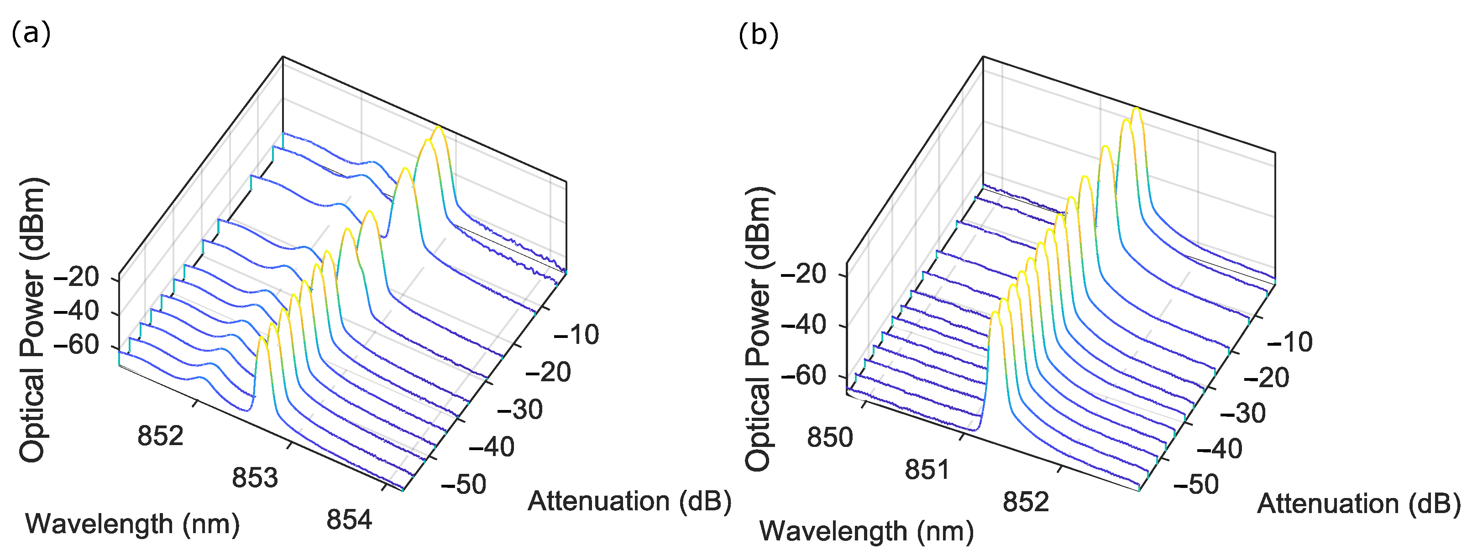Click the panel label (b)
[758, 36]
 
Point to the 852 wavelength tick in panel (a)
[161, 436]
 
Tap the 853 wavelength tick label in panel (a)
[255, 477]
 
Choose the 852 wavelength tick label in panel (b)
[1026, 502]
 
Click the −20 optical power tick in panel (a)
[76, 278]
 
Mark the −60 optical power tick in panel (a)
[76, 346]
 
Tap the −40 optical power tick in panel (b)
[803, 326]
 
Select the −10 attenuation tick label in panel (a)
[576, 335]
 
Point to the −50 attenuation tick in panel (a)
[463, 484]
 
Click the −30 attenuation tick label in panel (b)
[1242, 413]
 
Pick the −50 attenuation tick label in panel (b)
[1196, 484]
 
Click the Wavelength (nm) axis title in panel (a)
[132, 524]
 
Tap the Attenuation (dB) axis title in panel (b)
[1358, 504]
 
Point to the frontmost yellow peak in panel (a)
[262, 339]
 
